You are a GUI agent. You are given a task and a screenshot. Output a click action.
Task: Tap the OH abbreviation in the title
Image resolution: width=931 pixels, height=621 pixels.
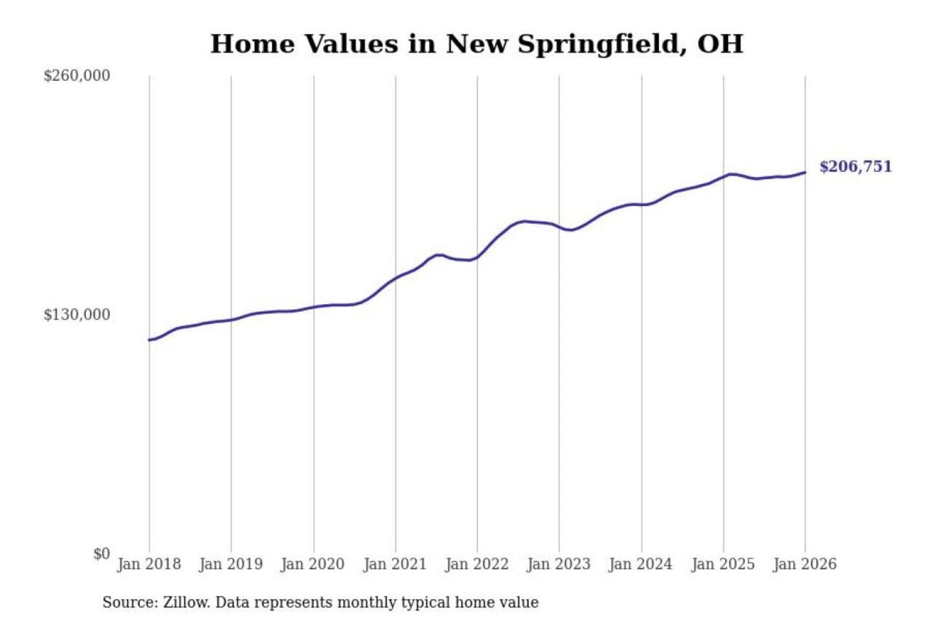[x=720, y=44]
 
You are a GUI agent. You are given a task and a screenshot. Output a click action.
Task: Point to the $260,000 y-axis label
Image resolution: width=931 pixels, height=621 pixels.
[x=77, y=76]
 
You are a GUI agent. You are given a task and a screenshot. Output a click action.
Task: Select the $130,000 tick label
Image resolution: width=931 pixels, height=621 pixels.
[x=77, y=315]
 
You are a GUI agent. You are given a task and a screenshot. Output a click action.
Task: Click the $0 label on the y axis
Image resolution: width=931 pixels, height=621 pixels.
[x=102, y=554]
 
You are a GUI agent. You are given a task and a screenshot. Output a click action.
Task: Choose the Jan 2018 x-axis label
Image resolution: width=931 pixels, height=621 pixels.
[x=149, y=564]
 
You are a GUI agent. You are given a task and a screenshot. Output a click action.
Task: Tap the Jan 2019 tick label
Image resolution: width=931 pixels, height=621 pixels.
[x=231, y=564]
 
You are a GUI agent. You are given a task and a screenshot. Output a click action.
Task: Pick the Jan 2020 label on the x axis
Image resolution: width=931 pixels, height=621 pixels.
[x=313, y=564]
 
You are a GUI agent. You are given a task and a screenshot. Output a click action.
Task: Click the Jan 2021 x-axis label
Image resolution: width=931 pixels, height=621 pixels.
[x=395, y=564]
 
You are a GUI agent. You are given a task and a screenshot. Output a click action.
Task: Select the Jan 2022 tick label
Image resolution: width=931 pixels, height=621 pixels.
[x=477, y=564]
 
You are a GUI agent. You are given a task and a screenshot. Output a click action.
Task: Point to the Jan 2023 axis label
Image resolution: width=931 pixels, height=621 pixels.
[x=559, y=564]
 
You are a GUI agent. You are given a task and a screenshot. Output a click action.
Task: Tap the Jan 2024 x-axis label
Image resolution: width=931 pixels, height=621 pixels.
[x=641, y=564]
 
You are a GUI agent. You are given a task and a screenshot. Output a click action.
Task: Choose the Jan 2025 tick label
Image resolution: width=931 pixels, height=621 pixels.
[x=723, y=564]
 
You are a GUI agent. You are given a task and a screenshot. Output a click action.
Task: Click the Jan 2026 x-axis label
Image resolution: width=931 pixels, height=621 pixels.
[x=805, y=564]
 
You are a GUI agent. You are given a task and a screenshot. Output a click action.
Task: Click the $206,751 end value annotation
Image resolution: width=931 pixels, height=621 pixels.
[x=855, y=167]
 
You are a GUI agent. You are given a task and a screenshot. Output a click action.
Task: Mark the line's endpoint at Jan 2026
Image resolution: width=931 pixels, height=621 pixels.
[x=805, y=172]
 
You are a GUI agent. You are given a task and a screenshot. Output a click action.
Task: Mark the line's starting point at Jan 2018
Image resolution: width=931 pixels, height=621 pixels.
[x=149, y=340]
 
